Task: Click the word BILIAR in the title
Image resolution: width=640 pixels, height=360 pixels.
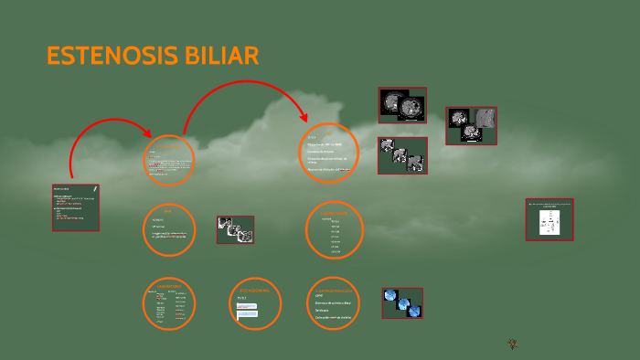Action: click(x=220, y=57)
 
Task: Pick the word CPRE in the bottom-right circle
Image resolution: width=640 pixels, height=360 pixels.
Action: click(x=319, y=296)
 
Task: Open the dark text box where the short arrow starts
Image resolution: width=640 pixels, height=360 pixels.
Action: click(x=76, y=207)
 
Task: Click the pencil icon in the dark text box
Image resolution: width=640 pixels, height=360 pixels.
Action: click(x=94, y=189)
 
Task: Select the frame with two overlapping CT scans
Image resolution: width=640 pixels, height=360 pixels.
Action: click(x=402, y=105)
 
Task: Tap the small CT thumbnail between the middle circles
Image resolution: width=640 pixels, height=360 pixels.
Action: click(x=235, y=229)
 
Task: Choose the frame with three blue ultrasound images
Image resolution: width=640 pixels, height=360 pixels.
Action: click(x=402, y=303)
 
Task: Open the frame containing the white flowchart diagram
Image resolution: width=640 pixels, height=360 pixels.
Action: click(x=549, y=219)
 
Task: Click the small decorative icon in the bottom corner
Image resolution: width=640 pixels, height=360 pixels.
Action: click(x=512, y=344)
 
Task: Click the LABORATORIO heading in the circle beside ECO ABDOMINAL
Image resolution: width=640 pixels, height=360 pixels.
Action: click(x=170, y=286)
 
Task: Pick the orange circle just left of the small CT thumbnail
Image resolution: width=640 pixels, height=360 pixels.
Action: click(x=169, y=230)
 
